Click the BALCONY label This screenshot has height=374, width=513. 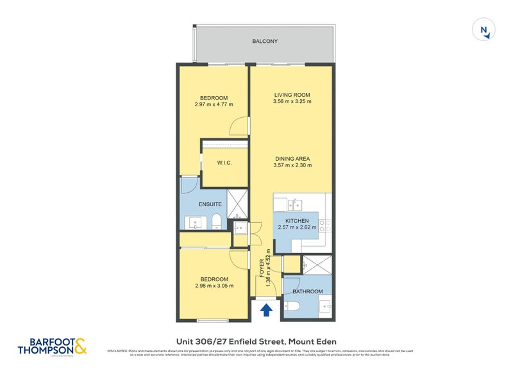tap(265, 42)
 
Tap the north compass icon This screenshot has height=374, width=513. tap(485, 30)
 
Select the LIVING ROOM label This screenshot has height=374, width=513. tap(292, 95)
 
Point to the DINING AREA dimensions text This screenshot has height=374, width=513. tap(292, 165)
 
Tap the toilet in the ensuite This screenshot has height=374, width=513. tap(216, 222)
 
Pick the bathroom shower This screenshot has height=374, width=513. tap(316, 266)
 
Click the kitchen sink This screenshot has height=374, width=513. tap(295, 204)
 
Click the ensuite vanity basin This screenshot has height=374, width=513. tap(196, 223)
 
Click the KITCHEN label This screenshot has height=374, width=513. tap(296, 220)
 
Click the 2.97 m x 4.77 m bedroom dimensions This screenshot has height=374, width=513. tap(214, 104)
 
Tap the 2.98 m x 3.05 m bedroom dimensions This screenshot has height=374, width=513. tap(214, 286)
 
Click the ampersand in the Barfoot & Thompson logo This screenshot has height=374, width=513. tap(80, 346)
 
